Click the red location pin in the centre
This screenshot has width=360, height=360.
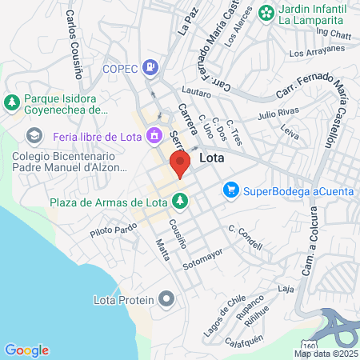coord(180,166)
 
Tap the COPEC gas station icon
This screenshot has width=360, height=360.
coord(150,68)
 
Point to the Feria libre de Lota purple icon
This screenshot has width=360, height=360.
coord(154,135)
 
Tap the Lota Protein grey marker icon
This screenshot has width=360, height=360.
coord(166,299)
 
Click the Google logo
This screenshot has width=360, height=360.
coord(26,350)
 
